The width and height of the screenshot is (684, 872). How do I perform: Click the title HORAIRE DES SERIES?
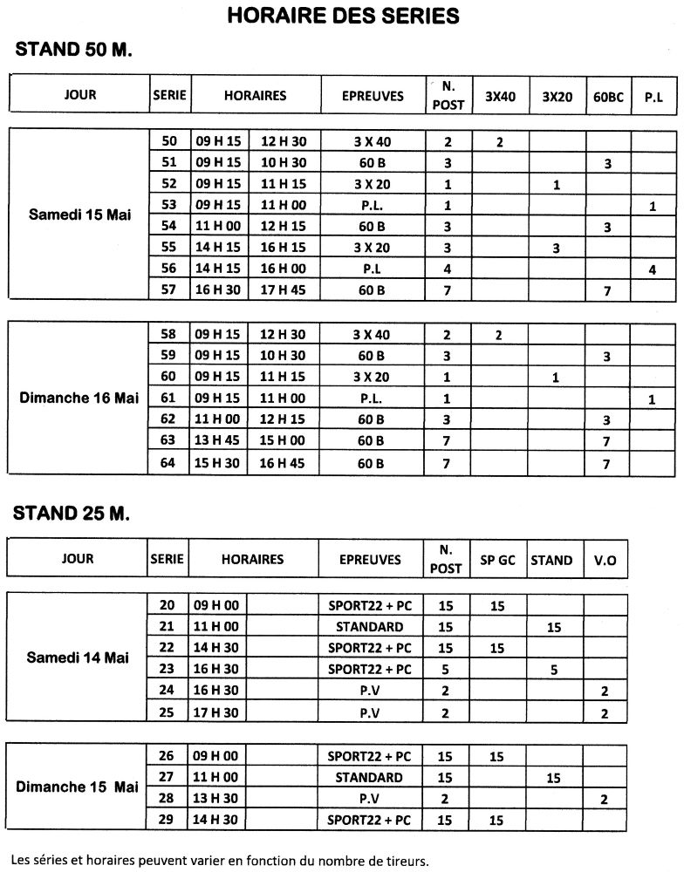point(343,16)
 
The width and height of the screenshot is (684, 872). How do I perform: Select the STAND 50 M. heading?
point(73,50)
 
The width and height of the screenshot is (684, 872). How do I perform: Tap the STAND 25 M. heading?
point(72,513)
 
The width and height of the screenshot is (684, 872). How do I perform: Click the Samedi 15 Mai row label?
point(79,215)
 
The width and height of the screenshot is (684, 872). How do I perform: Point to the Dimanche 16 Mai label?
point(79,398)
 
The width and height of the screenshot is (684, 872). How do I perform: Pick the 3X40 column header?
point(500,97)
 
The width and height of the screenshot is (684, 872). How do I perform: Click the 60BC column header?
point(608,97)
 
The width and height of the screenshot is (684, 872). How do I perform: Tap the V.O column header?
point(605,561)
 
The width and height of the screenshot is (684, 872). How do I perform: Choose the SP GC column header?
point(498,561)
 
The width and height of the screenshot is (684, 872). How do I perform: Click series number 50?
point(169,141)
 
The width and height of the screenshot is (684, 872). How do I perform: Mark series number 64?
point(169,462)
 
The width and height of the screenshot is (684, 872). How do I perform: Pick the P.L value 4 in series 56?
point(653,269)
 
